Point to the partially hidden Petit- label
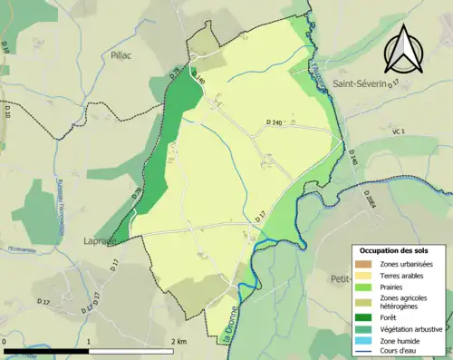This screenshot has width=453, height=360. [342, 278]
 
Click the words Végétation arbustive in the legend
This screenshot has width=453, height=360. [411, 328]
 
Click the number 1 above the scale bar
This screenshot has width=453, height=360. [89, 341]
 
